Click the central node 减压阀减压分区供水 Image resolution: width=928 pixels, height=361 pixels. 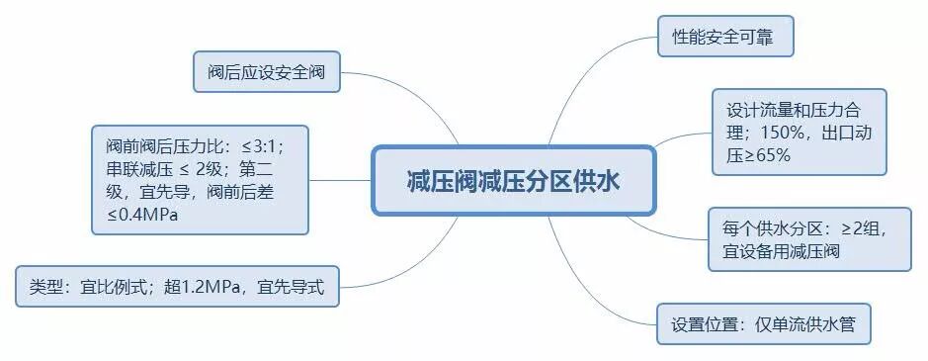513,181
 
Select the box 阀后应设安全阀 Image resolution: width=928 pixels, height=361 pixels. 266,71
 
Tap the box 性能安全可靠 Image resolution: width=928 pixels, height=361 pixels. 725,37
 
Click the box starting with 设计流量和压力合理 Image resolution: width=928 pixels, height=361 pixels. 799,132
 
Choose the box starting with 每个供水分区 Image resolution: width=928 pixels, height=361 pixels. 809,238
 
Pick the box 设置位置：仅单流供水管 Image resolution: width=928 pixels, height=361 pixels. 764,323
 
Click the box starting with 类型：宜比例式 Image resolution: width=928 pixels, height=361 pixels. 177,287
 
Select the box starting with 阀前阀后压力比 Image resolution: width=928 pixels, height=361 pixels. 200,179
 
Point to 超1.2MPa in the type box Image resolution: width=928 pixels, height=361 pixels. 209,288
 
